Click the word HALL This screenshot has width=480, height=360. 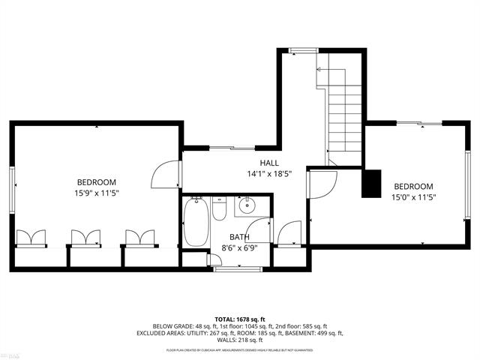click(x=269, y=163)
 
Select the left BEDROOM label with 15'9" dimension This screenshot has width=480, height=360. click(x=97, y=182)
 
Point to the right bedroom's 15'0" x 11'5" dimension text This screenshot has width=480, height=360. click(x=413, y=197)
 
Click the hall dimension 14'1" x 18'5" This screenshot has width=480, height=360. click(x=269, y=174)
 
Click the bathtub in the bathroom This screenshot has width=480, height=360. click(x=194, y=222)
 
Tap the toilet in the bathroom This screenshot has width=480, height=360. click(x=219, y=208)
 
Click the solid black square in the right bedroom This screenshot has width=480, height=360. click(x=370, y=184)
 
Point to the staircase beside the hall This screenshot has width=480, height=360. click(x=344, y=112)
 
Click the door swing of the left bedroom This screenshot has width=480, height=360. click(x=165, y=176)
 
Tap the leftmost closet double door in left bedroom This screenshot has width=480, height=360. click(x=31, y=238)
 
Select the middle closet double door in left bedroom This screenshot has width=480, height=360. click(x=85, y=238)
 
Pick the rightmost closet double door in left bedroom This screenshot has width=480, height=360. click(x=139, y=238)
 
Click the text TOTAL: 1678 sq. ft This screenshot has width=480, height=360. click(x=239, y=319)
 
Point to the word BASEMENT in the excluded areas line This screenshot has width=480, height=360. click(x=307, y=333)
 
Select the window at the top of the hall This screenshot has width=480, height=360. click(x=303, y=50)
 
